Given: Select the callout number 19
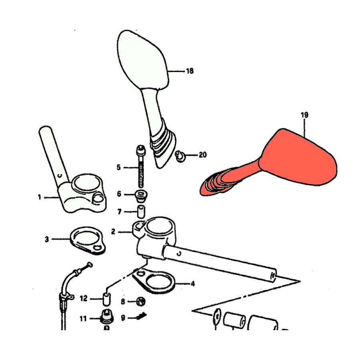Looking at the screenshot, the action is click(304, 115).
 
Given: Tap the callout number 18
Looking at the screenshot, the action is click(190, 71).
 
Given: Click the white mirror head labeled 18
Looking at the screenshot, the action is click(142, 60).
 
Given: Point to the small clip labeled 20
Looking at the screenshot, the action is click(180, 156).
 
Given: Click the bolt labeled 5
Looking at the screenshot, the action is click(140, 167).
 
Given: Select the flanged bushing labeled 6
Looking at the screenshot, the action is click(141, 196).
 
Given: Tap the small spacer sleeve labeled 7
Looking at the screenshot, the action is click(141, 212).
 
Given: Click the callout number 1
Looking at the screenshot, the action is click(40, 197).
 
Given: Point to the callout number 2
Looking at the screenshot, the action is click(113, 232).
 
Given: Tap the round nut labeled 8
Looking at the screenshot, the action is click(141, 301).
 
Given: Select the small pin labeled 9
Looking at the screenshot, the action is click(142, 316).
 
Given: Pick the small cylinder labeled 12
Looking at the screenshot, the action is click(106, 299).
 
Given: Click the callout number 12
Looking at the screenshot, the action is click(84, 298).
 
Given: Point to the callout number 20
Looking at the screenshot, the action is click(202, 155).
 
